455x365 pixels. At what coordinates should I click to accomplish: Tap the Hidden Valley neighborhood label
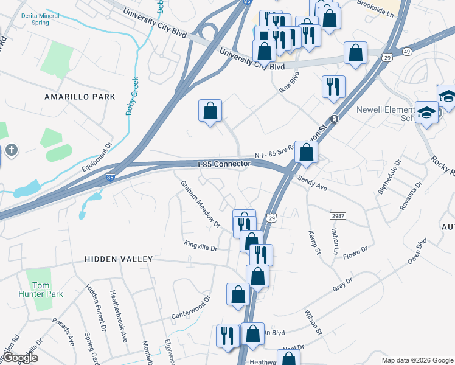click(119, 259)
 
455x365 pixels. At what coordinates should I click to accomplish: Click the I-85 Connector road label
click(224, 164)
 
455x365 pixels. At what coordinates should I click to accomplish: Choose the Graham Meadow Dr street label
click(200, 204)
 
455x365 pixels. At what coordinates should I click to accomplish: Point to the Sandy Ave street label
click(313, 184)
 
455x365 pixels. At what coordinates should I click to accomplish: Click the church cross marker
click(11, 150)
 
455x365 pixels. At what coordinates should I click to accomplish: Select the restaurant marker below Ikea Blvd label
click(333, 87)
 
